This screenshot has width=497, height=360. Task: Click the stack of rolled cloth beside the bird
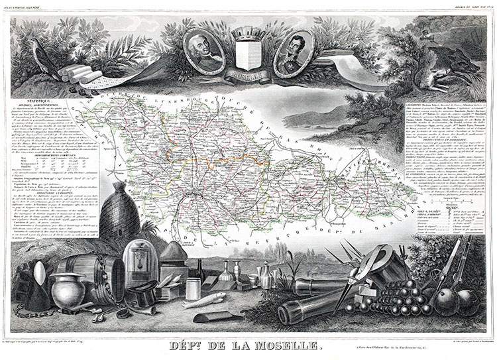pyautogui.click(x=76, y=71)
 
